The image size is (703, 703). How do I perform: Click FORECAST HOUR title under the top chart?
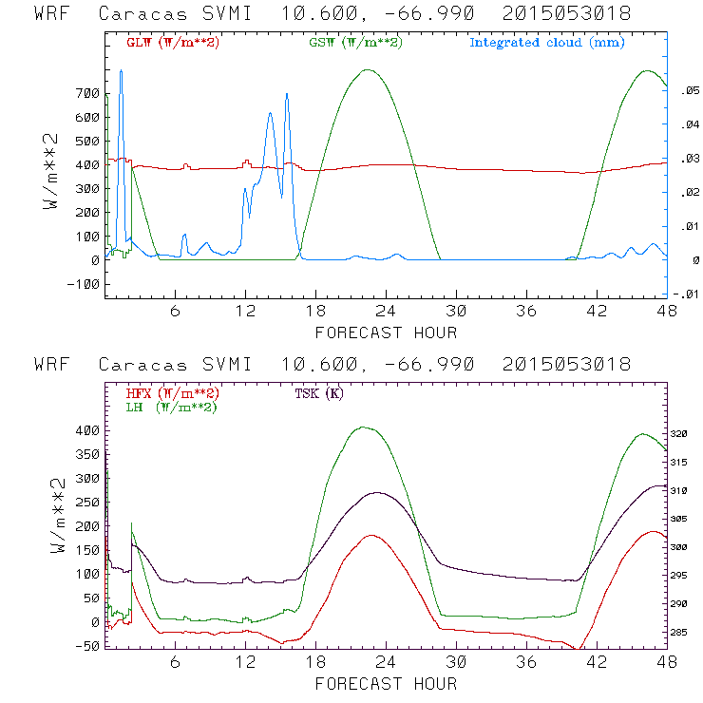[x=386, y=332]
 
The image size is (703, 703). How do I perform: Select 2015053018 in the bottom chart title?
[x=571, y=365]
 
